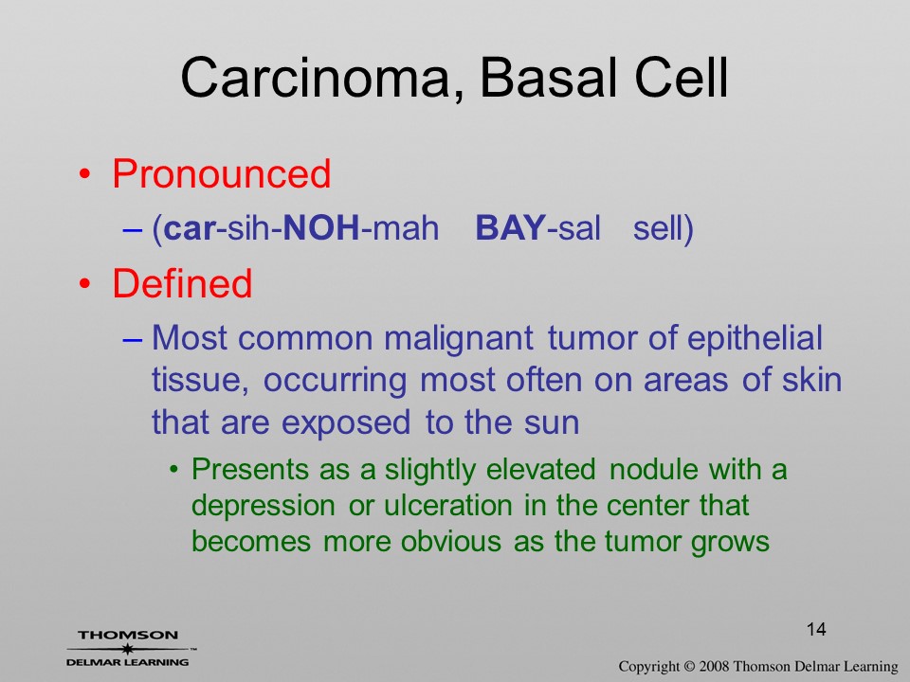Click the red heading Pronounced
[x=221, y=173]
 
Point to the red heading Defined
[x=182, y=283]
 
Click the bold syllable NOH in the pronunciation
[x=321, y=227]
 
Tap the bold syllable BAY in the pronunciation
[x=511, y=227]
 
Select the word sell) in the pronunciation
[x=663, y=228]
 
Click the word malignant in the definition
[x=458, y=339]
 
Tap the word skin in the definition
[x=811, y=381]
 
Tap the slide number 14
[x=816, y=629]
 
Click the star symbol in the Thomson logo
[x=128, y=648]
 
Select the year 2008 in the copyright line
[x=715, y=666]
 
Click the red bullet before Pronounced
[x=85, y=174]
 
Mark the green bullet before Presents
[x=173, y=469]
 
